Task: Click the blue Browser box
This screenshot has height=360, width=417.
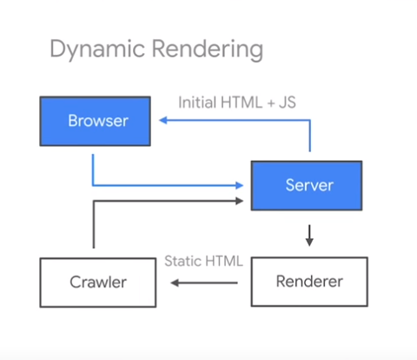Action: click(x=96, y=121)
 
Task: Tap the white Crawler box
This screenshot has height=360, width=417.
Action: click(x=97, y=282)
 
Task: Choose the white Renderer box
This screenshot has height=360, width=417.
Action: click(x=308, y=282)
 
